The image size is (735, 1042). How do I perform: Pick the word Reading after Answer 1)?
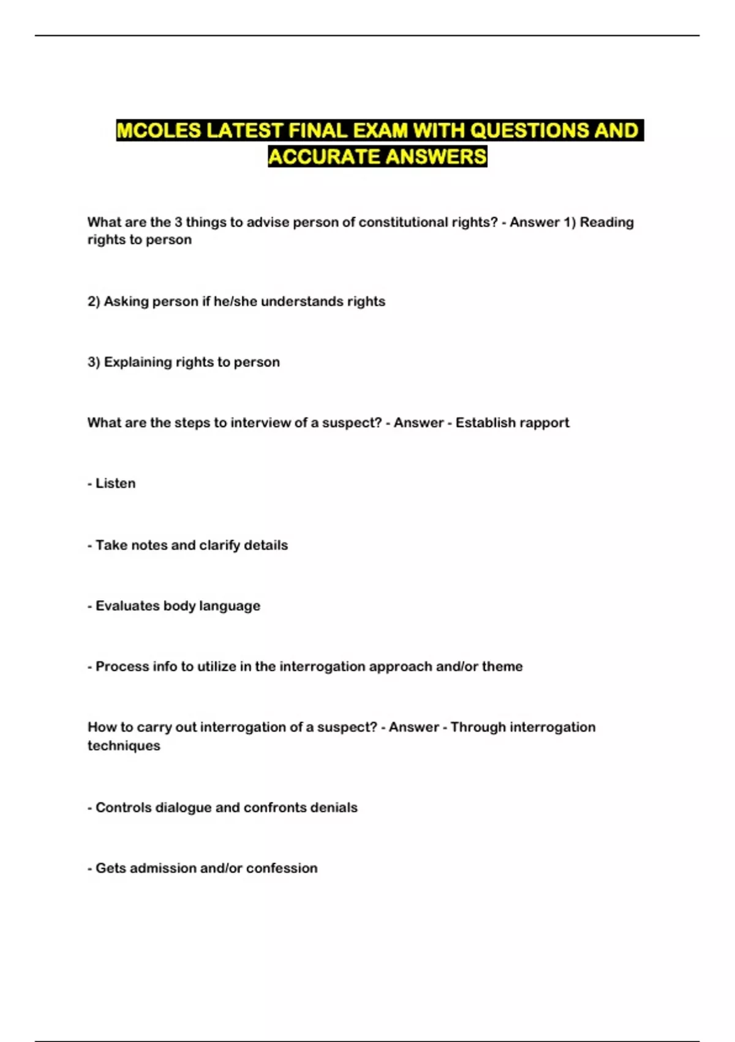(606, 222)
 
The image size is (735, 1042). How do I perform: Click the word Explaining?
(138, 362)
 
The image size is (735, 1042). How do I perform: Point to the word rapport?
(543, 423)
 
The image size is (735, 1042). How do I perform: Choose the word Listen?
(115, 484)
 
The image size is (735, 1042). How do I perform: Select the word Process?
(120, 666)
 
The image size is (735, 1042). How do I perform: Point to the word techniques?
(124, 746)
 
